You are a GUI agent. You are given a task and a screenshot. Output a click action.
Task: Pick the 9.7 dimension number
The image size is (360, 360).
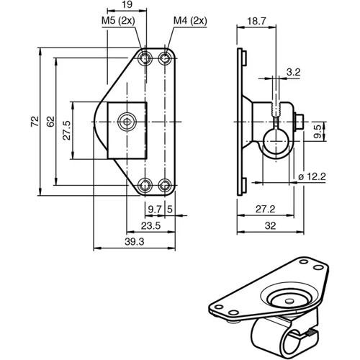pos(154,209)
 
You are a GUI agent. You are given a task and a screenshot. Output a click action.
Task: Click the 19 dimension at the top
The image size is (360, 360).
pos(126,6)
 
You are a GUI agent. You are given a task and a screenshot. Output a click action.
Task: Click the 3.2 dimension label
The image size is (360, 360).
pos(293,72)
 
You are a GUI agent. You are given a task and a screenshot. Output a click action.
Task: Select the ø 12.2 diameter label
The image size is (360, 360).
pos(311,175)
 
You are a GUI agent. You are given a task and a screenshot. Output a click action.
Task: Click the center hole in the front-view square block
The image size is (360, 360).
pos(127,122)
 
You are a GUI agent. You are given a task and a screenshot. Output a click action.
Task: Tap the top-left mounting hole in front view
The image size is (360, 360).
pos(147,58)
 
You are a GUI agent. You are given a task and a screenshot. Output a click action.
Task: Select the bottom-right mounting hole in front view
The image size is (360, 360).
pos(166,186)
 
